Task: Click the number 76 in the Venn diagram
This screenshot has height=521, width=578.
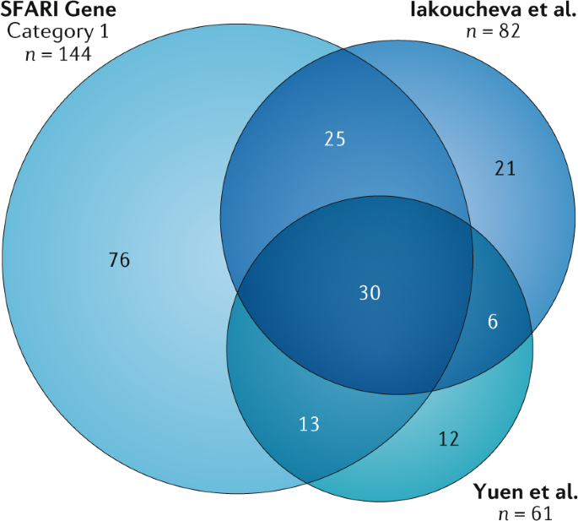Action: [118, 260]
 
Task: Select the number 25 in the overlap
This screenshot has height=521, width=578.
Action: [335, 138]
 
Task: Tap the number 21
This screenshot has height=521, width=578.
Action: [505, 169]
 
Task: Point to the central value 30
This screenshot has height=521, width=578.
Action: [370, 293]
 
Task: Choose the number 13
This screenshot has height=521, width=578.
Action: [309, 424]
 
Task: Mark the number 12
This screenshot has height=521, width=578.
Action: [449, 438]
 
